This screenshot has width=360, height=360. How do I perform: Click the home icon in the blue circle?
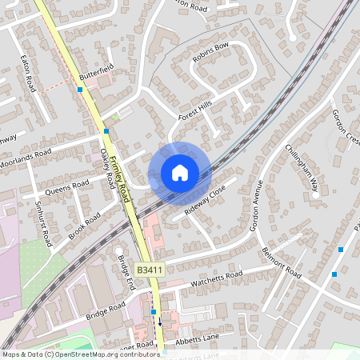[x=179, y=173]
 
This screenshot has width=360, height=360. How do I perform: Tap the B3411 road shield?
[x=150, y=270]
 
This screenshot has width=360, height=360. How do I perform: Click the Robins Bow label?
[x=210, y=52]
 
